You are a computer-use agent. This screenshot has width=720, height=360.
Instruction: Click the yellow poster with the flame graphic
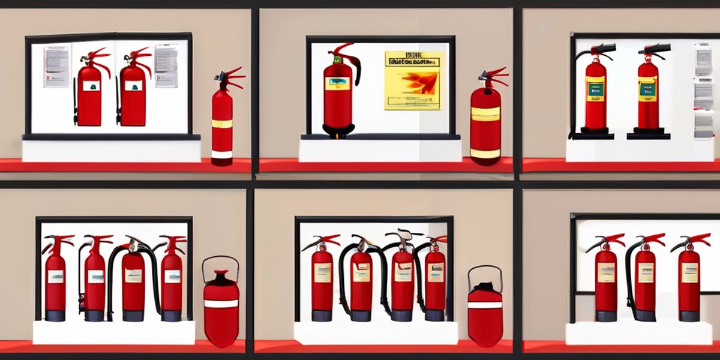pos(414,80)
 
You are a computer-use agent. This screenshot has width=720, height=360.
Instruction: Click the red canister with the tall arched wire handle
pos(221,306)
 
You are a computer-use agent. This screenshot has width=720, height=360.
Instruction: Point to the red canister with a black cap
pos(485,309)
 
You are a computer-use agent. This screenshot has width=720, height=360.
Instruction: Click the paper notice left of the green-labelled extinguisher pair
pos(56,67)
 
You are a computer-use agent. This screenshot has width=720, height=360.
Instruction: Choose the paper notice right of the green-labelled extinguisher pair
pos(166,66)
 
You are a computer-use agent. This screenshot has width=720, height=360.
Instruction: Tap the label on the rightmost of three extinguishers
pos(689,272)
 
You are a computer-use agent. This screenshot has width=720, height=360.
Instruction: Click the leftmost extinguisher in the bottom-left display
pos(55,279)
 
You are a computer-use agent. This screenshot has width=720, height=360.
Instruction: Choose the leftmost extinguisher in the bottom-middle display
pos(322,279)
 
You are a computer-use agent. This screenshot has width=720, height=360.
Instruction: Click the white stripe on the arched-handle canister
pos(221,304)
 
